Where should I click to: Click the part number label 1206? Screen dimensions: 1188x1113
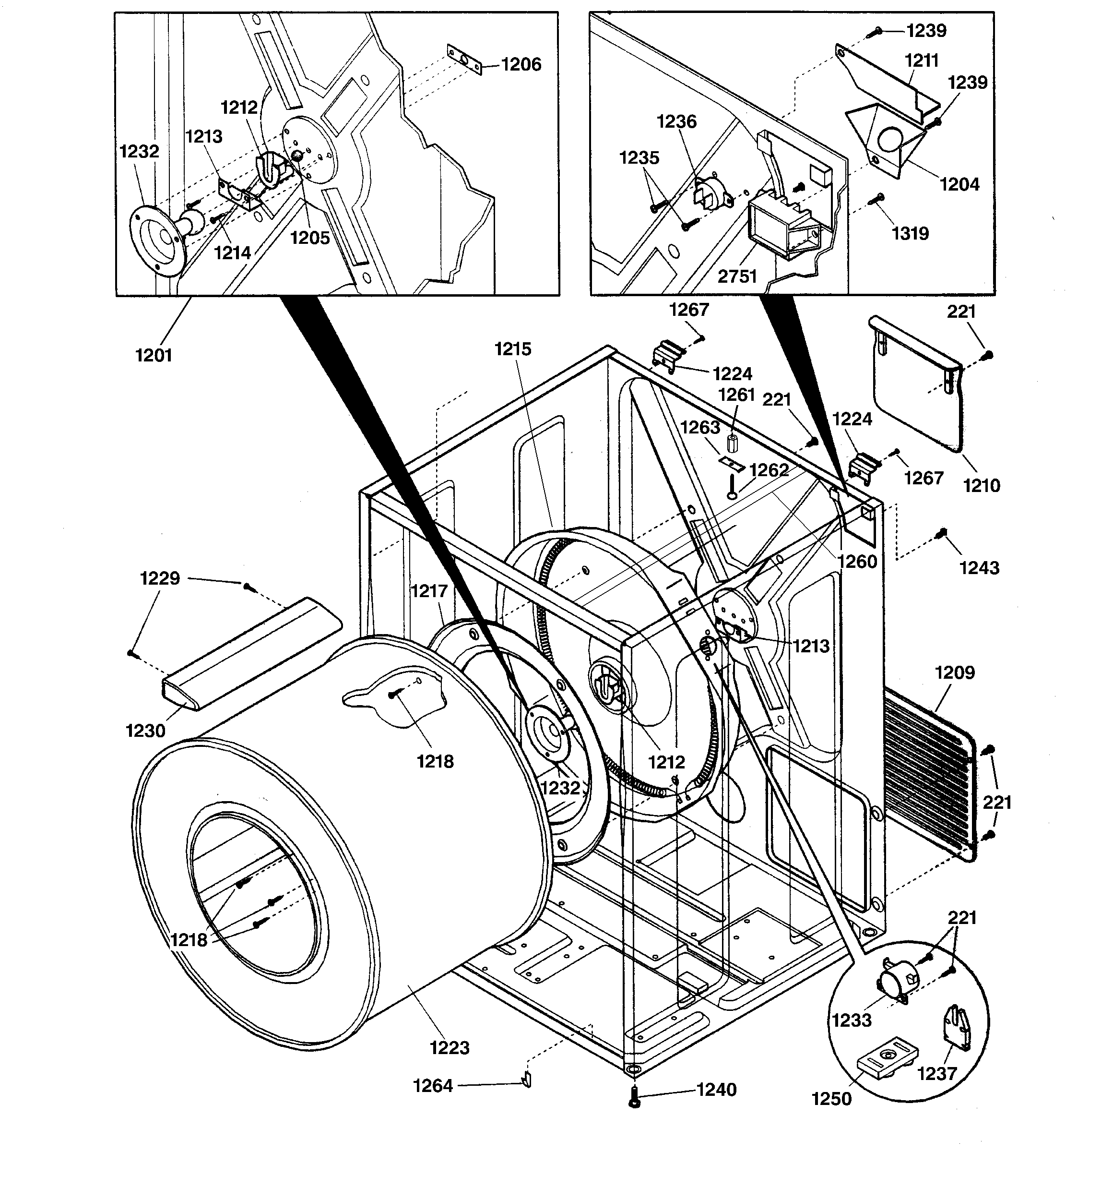521,64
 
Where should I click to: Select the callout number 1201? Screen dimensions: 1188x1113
154,356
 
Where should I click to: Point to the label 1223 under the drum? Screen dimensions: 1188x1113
449,1047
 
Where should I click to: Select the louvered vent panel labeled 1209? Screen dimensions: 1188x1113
929,777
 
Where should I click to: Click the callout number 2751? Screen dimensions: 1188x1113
737,276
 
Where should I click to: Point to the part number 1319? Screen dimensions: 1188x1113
911,233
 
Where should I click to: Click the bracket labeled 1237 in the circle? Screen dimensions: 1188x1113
957,1027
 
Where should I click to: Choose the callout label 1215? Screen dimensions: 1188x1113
512,349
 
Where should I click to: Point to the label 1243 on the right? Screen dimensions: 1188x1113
979,568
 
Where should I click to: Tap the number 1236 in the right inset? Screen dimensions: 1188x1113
676,122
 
